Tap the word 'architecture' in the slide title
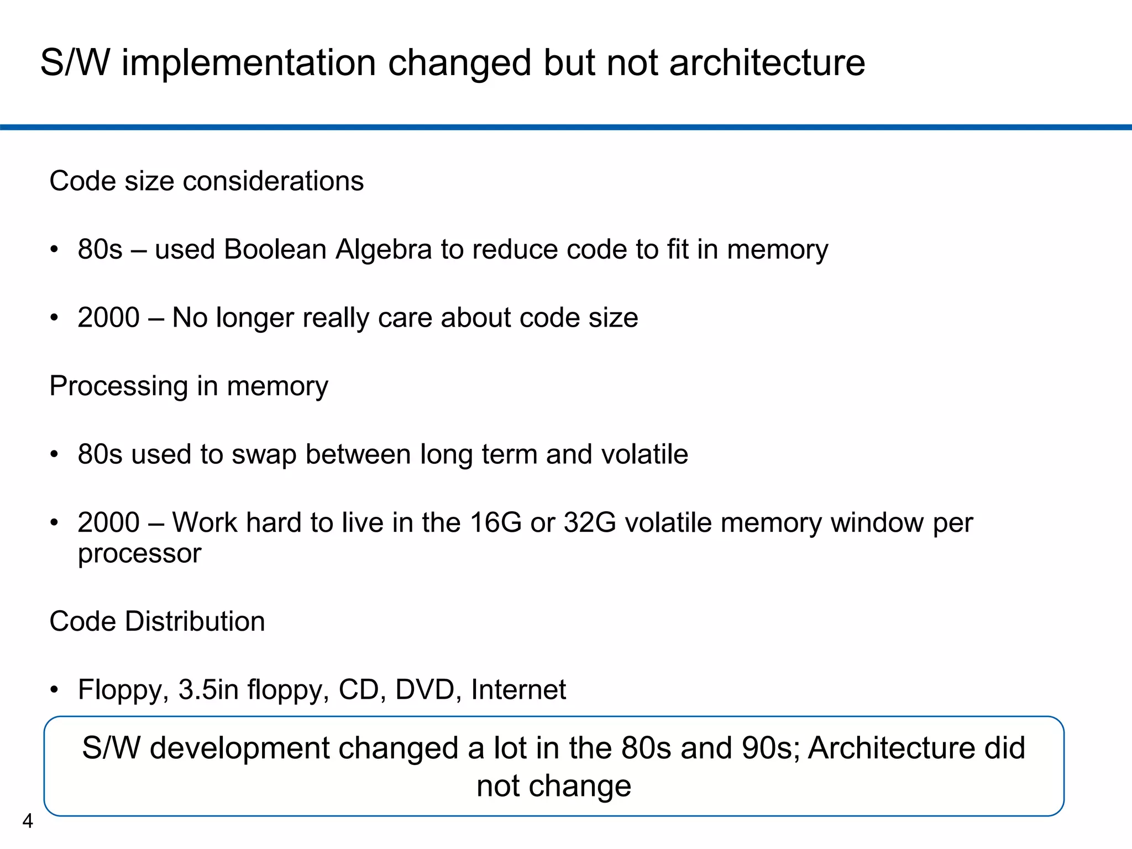767,62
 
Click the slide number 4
28,821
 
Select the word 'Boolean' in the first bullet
275,249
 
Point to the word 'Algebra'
384,250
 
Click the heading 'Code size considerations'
206,181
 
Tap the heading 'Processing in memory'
188,386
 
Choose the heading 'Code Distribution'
157,621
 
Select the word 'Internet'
518,689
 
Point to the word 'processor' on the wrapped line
139,554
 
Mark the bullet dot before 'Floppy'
54,690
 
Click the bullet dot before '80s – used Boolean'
54,250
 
